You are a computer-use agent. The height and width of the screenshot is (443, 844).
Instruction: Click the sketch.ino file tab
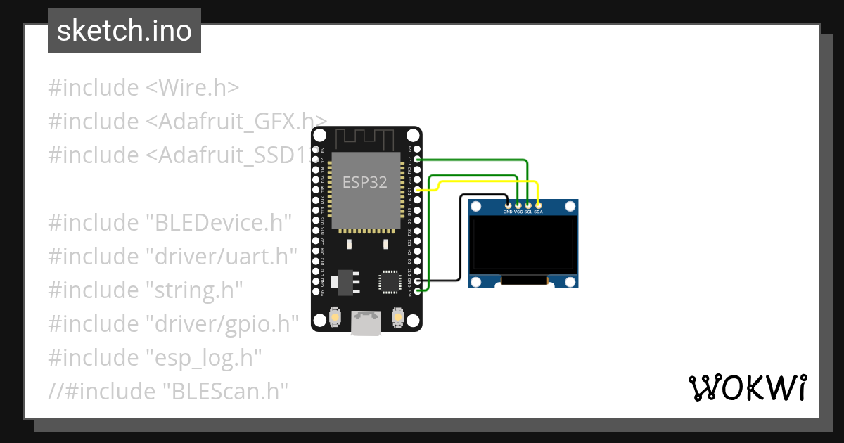click(x=124, y=31)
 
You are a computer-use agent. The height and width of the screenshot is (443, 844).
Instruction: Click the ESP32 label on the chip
click(x=365, y=182)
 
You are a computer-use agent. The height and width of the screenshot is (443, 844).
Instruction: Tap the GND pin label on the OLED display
click(x=508, y=210)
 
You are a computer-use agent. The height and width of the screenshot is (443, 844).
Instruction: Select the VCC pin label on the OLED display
click(x=518, y=210)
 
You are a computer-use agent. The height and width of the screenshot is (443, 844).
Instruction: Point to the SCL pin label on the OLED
click(x=528, y=210)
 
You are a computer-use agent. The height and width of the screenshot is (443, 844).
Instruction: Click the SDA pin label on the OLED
click(x=538, y=210)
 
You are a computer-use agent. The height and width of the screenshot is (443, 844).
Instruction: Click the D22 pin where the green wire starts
click(x=418, y=160)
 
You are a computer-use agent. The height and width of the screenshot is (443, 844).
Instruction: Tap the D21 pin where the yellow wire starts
click(x=418, y=190)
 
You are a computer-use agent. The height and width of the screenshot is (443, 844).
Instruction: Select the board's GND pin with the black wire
click(x=418, y=281)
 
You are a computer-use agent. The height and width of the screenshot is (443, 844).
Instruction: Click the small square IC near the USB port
click(x=389, y=281)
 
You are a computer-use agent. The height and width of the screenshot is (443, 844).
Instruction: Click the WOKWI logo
click(x=748, y=387)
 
